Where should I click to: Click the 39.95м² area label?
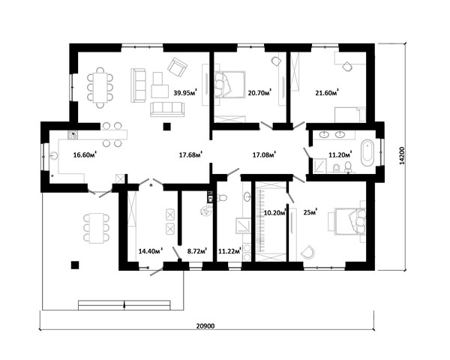tap(185, 93)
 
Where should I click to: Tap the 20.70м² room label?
tap(259, 93)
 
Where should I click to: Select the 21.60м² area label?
tap(327, 93)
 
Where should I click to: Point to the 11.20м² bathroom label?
tap(340, 154)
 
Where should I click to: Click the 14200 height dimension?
tap(402, 155)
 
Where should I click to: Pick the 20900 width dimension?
tap(205, 325)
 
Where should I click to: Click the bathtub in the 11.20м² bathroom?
tap(367, 152)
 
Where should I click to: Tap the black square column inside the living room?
tap(166, 127)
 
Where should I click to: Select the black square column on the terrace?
tap(75, 265)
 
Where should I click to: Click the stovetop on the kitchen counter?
tap(73, 135)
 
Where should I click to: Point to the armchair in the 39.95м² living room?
tap(178, 67)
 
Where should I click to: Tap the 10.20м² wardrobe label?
tap(274, 213)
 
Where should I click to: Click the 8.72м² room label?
tap(197, 251)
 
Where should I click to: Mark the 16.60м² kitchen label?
tap(85, 155)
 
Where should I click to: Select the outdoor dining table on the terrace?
tap(97, 228)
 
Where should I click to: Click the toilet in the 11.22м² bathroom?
tap(222, 198)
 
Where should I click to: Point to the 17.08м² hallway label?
tap(264, 155)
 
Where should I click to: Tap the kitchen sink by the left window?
tap(54, 156)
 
